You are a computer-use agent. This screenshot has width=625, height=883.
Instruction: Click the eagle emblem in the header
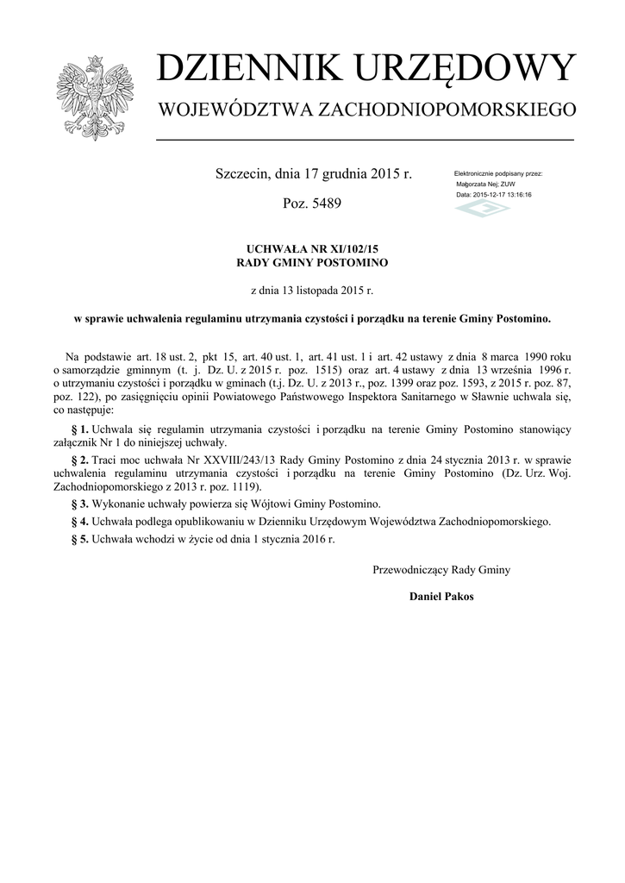[x=90, y=97]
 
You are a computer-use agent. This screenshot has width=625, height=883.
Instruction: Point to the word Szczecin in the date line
[x=241, y=174]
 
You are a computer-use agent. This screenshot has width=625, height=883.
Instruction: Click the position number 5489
[x=322, y=204]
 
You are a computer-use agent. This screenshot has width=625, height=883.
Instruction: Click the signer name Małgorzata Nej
[x=475, y=185]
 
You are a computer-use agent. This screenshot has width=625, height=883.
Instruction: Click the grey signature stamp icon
[x=482, y=209]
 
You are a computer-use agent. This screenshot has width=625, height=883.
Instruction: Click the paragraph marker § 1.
[x=79, y=429]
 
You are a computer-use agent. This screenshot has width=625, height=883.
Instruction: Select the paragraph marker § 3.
[x=79, y=503]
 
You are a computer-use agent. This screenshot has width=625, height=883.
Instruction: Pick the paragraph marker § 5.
[x=79, y=539]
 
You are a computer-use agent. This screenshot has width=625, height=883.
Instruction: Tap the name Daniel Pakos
[x=441, y=596]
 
